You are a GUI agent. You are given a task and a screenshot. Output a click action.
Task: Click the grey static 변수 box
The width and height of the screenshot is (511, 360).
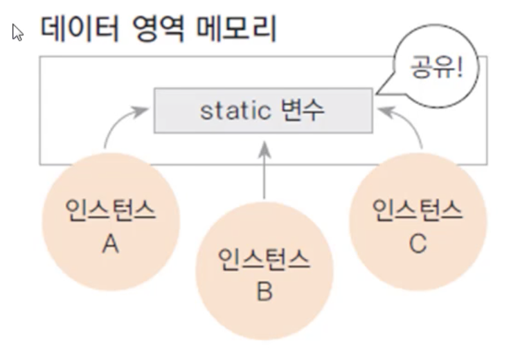click(262, 110)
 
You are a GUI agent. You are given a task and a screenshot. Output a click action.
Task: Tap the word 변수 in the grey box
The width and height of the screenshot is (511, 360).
click(303, 110)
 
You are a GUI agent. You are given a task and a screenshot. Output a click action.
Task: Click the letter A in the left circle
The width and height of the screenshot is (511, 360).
click(110, 244)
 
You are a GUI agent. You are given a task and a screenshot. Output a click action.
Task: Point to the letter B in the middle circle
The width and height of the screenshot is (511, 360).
click(265, 291)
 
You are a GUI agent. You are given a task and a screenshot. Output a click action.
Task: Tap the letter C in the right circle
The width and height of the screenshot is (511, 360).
click(418, 244)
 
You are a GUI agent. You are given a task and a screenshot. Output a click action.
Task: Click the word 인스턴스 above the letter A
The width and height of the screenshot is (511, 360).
click(110, 209)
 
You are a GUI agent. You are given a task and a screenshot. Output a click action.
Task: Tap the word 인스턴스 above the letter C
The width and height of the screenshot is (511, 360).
click(418, 209)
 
